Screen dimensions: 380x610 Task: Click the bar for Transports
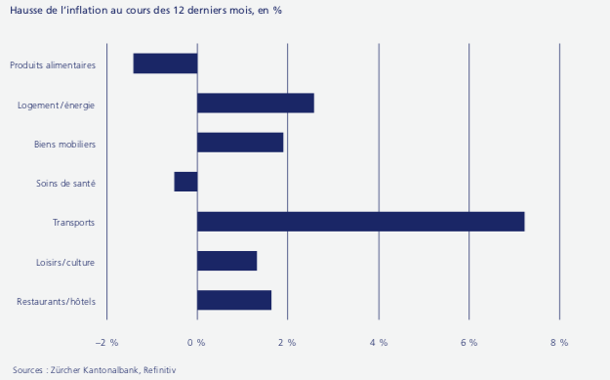tap(360, 222)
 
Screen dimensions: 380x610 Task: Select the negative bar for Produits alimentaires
tap(165, 63)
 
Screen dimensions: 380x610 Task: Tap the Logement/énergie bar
tap(255, 104)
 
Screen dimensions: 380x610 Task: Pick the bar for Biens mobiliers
tap(240, 143)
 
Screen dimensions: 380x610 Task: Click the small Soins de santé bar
tap(185, 182)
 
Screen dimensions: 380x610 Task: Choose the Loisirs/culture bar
tap(226, 261)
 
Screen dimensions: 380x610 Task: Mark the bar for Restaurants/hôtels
tap(234, 300)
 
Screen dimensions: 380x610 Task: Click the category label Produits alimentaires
tap(53, 65)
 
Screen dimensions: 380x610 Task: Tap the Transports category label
tap(73, 223)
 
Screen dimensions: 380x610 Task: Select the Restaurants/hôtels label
tap(56, 302)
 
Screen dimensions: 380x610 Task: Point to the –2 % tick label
tap(106, 342)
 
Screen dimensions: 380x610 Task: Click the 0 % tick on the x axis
tap(196, 342)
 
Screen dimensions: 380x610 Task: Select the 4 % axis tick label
tap(378, 342)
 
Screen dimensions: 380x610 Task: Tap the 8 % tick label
tap(558, 342)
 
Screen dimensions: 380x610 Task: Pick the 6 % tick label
tap(468, 342)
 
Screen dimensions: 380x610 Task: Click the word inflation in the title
tap(94, 11)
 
